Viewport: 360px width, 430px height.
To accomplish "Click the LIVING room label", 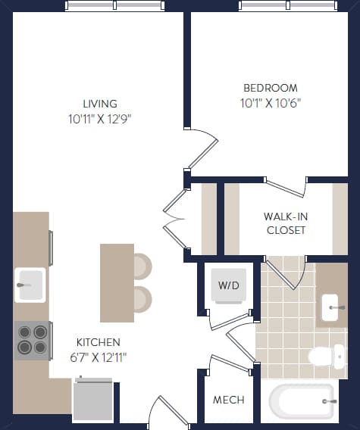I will pyautogui.click(x=100, y=104).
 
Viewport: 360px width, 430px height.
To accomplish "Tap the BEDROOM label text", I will pyautogui.click(x=271, y=89).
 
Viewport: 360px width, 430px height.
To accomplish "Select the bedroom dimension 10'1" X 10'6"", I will pyautogui.click(x=271, y=104).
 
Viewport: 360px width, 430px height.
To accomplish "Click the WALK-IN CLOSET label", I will pyautogui.click(x=285, y=223).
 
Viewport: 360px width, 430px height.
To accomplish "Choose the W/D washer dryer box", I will pyautogui.click(x=228, y=285).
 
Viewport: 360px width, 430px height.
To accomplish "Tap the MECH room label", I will pyautogui.click(x=228, y=399).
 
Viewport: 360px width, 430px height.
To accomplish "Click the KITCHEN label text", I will pyautogui.click(x=98, y=342).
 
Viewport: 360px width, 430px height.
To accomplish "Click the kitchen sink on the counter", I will pyautogui.click(x=30, y=285).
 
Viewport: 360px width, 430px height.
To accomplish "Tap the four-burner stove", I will pyautogui.click(x=32, y=340).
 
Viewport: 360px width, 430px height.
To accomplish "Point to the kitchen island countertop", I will pyautogui.click(x=117, y=282).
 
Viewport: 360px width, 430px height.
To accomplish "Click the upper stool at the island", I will pyautogui.click(x=142, y=266).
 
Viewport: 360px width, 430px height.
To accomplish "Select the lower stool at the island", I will pyautogui.click(x=142, y=298).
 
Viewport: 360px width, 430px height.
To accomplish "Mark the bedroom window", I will pyautogui.click(x=287, y=6).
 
